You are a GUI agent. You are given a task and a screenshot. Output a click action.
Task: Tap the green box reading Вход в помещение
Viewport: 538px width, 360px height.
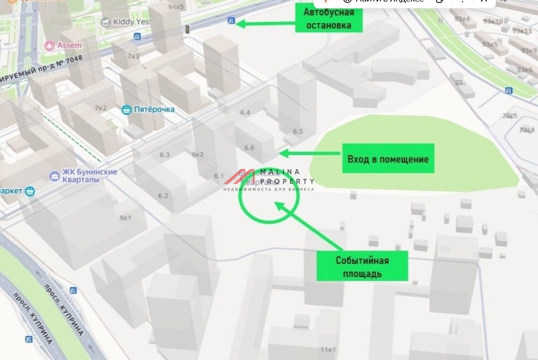(x=388, y=159)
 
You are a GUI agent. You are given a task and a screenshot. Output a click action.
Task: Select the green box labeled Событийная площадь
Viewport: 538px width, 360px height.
(x=362, y=267)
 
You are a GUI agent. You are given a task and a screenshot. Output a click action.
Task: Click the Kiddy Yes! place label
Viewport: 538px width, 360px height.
(x=128, y=22)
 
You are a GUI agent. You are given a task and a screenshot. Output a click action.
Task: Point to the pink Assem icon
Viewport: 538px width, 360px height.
(x=49, y=45)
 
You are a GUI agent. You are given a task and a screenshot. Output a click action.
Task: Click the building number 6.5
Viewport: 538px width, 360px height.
(x=298, y=131)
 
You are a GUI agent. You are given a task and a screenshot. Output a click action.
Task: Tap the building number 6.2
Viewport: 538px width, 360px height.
(x=163, y=195)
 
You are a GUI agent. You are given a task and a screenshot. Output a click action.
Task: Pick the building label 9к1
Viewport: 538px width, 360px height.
(x=125, y=217)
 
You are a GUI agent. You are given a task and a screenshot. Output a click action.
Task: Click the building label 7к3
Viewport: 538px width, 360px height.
(x=133, y=56)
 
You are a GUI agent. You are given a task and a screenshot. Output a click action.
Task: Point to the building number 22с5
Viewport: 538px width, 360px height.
(x=510, y=116)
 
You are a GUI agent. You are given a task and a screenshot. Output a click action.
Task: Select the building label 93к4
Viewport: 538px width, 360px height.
(x=461, y=19)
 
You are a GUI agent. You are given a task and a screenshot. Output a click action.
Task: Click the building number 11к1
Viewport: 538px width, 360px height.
(x=328, y=349)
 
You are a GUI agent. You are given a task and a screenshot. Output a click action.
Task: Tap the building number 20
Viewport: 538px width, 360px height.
(x=458, y=82)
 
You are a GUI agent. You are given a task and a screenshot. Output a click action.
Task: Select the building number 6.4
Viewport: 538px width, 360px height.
(x=245, y=112)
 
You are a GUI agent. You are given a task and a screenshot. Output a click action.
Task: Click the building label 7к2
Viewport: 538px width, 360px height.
(x=100, y=108)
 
